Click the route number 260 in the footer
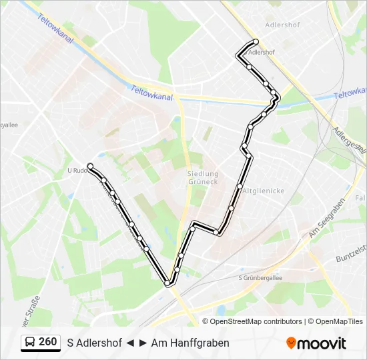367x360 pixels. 47,342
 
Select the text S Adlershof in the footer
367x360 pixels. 94,343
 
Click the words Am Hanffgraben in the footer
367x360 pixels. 190,343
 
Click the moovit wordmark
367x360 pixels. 322,343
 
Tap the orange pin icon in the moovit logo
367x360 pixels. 291,343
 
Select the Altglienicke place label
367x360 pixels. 264,191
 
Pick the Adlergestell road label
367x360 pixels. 349,140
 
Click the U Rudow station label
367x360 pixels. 77,170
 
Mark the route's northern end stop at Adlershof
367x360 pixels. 256,41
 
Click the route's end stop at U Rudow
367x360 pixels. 89,166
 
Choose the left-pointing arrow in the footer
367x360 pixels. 131,343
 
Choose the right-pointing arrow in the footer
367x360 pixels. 143,343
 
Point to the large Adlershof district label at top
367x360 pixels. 282,25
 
